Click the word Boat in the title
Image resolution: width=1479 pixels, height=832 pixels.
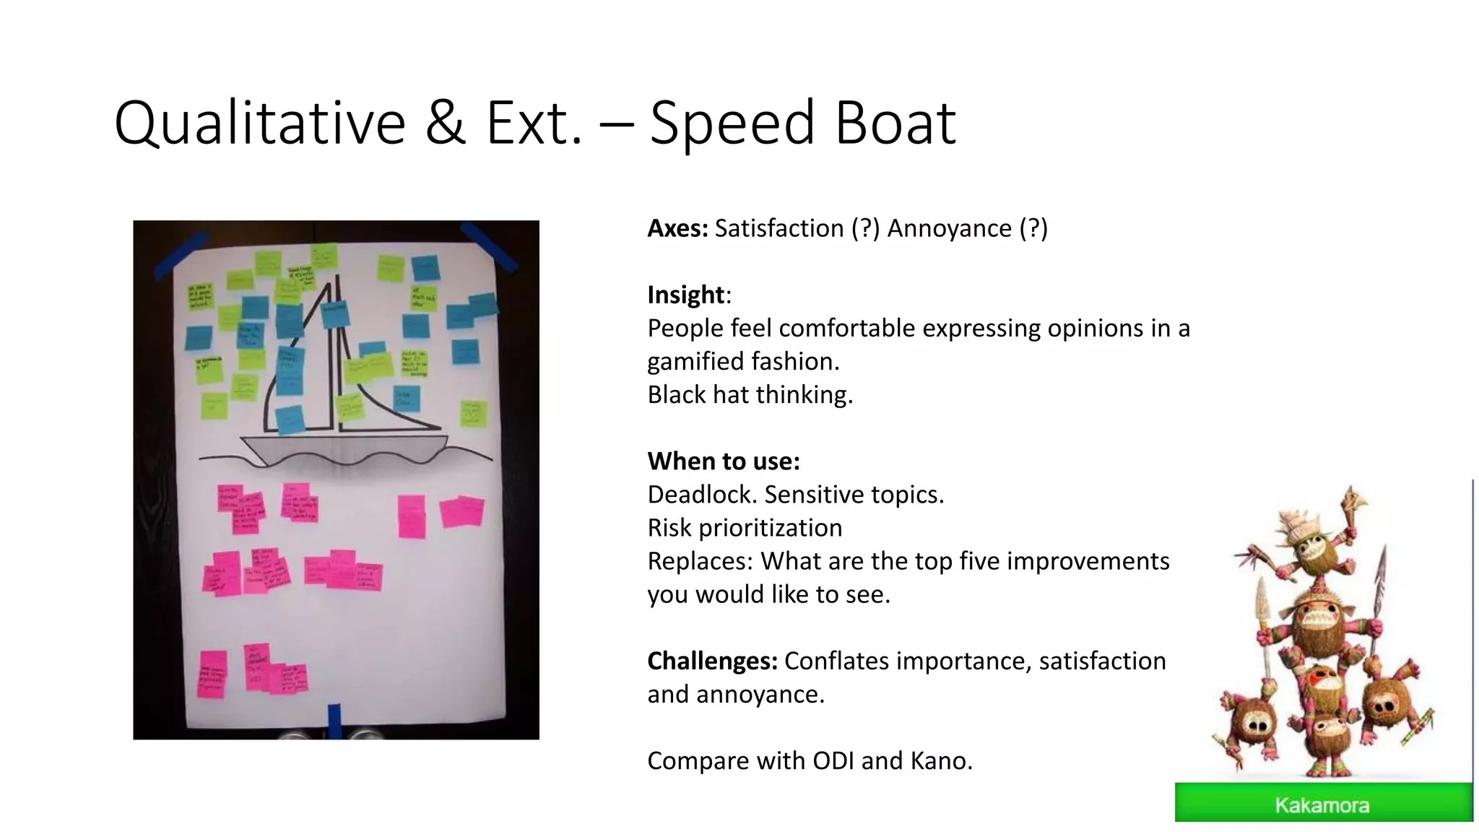pyautogui.click(x=895, y=123)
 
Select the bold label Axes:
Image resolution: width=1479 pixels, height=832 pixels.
pyautogui.click(x=677, y=228)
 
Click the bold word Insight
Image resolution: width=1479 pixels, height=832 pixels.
pyautogui.click(x=685, y=295)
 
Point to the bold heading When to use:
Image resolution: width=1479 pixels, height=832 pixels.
pyautogui.click(x=723, y=461)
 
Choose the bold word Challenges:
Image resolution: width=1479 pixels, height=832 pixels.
pyautogui.click(x=712, y=661)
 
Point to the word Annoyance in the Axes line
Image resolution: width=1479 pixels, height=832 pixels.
pyautogui.click(x=949, y=228)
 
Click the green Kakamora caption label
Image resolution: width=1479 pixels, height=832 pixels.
pyautogui.click(x=1322, y=804)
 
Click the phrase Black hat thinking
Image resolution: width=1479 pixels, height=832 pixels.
pyautogui.click(x=750, y=394)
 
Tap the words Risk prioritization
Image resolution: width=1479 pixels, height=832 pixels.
pyautogui.click(x=745, y=528)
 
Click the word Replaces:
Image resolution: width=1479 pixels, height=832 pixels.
pyautogui.click(x=700, y=561)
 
